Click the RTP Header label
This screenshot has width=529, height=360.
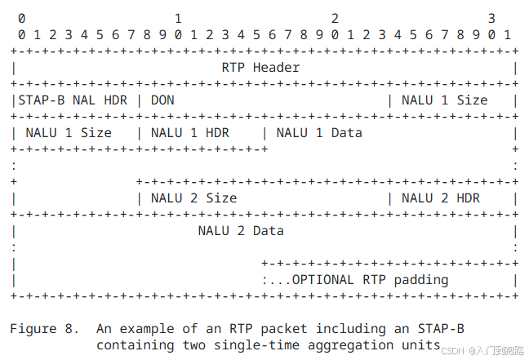click(x=260, y=67)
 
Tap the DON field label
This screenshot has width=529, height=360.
click(x=162, y=100)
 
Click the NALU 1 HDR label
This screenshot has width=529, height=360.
click(x=190, y=132)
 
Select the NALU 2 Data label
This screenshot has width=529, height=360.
click(x=241, y=230)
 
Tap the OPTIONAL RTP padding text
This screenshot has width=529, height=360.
click(x=370, y=279)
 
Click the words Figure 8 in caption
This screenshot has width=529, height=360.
click(x=45, y=329)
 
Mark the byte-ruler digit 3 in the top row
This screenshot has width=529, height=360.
click(x=491, y=17)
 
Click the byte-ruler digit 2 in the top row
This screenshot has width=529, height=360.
click(x=335, y=17)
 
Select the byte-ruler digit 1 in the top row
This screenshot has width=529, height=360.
click(x=178, y=17)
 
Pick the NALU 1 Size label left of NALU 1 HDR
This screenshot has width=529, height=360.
click(x=69, y=132)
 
